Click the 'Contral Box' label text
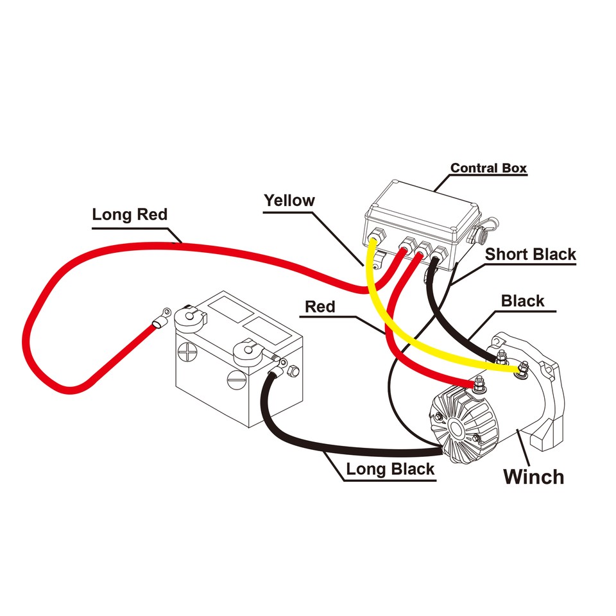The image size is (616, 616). tap(488, 169)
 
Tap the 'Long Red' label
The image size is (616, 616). tap(130, 214)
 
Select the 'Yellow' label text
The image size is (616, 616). tap(289, 200)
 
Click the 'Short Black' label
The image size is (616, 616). tap(530, 254)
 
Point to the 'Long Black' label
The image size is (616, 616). tap(390, 469)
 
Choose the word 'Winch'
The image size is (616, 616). tap(533, 477)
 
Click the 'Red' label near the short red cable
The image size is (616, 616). tap(320, 307)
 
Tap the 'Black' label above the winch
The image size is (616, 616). tap(522, 300)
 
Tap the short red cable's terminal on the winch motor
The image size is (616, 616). tap(477, 384)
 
